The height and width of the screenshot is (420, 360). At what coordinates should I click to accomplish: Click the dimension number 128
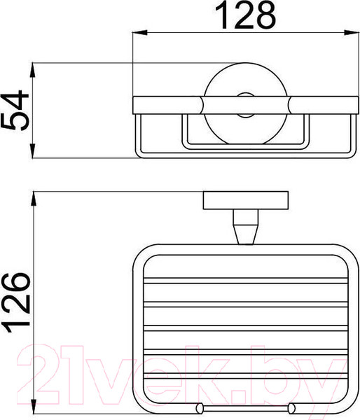245,16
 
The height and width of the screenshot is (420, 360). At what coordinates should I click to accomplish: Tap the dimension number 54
15,110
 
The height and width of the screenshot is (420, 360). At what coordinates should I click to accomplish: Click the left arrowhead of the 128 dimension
140,33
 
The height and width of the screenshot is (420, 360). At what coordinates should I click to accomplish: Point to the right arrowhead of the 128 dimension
352,33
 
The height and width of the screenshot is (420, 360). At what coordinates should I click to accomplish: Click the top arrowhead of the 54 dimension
32,70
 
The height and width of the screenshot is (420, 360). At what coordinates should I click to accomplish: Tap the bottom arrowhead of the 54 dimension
32,150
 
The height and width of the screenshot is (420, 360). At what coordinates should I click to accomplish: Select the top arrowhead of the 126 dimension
34,199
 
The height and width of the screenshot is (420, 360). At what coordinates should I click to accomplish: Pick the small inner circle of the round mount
246,105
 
